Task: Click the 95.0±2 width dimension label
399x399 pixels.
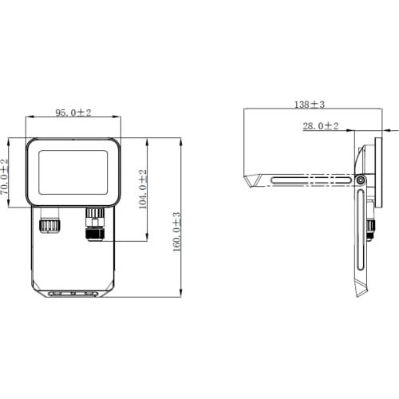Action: point(73,113)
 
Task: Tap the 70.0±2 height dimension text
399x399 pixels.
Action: point(5,177)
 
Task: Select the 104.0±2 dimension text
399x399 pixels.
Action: point(143,189)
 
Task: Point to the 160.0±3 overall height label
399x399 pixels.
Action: point(177,231)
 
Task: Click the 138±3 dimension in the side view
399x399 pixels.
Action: point(310,105)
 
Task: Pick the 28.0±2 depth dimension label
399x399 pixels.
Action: point(321,126)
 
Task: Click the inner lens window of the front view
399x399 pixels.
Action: point(73,172)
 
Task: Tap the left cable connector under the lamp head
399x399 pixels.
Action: point(49,220)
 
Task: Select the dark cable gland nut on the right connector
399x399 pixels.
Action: point(94,233)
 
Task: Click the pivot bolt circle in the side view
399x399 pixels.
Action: point(361,180)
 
